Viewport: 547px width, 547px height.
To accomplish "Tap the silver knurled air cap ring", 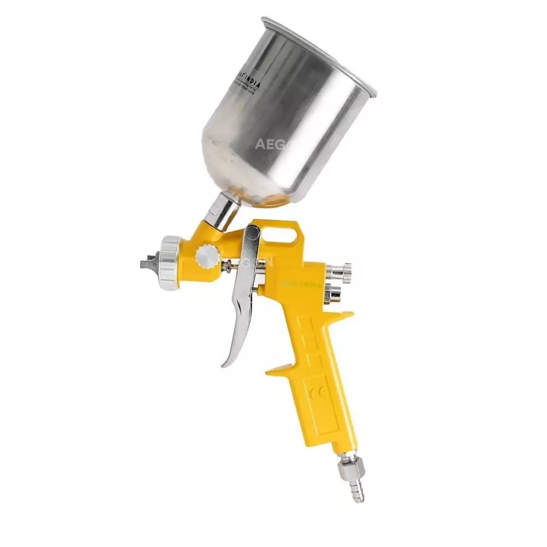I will (170, 263).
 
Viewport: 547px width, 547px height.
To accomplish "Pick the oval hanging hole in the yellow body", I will (285, 236).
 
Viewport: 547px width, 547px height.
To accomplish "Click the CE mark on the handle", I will (316, 392).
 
